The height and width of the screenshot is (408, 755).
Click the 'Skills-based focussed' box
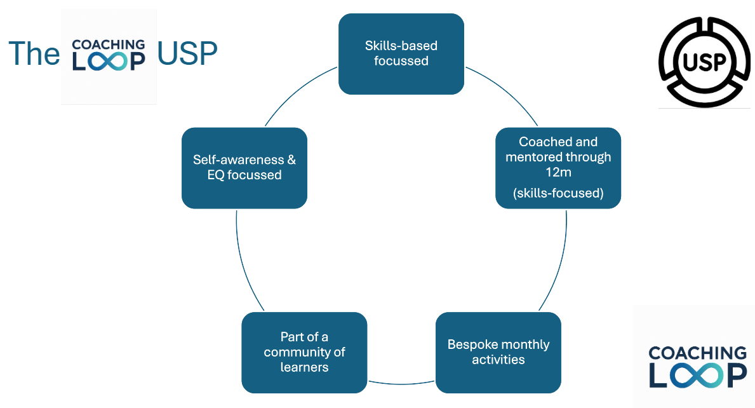[401, 54]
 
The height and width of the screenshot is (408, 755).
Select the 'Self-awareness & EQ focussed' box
[244, 168]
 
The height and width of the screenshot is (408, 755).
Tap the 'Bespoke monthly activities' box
[498, 352]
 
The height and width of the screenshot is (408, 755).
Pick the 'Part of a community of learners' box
[304, 352]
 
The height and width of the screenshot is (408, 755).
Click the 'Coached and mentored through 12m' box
[558, 168]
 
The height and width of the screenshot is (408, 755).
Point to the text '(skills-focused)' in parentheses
[558, 193]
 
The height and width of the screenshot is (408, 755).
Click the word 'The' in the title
[34, 55]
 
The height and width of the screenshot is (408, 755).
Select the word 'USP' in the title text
[187, 55]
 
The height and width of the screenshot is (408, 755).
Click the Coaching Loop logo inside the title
[109, 56]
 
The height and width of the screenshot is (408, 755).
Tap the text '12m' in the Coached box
[558, 172]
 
